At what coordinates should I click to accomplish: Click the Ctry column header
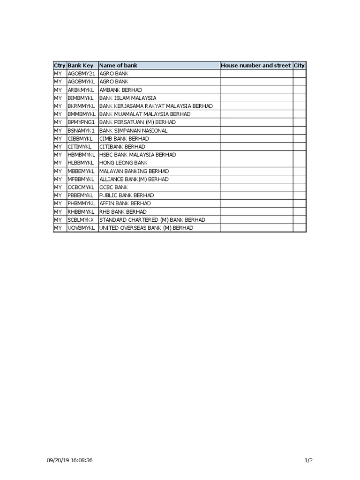pos(60,66)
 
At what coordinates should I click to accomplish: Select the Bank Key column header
pos(81,66)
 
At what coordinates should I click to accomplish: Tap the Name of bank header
pos(118,66)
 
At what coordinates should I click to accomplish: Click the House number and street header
pos(255,66)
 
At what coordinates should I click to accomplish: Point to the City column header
pos(299,66)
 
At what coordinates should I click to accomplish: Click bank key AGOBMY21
pos(82,74)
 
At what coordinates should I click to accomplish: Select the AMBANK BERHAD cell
pos(120,90)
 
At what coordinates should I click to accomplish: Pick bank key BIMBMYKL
pos(81,98)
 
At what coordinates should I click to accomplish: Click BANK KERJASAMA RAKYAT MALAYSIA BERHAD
pos(156,106)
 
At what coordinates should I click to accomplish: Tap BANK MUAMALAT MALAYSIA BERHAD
pos(145,114)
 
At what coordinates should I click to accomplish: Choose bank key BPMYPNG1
pos(82,122)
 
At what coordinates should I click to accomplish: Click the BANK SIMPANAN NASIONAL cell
pos(133,130)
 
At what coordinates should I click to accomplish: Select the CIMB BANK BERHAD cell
pos(124,139)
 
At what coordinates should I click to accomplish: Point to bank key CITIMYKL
pos(80,147)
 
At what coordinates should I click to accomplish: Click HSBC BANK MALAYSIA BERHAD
pos(137,155)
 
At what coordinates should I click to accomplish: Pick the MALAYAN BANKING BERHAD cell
pos(134,171)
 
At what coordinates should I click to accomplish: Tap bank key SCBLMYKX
pos(81,220)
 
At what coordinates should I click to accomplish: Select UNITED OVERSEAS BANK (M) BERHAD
pos(146,228)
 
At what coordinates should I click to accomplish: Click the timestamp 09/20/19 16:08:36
pos(70,460)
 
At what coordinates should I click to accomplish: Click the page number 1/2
pos(308,460)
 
